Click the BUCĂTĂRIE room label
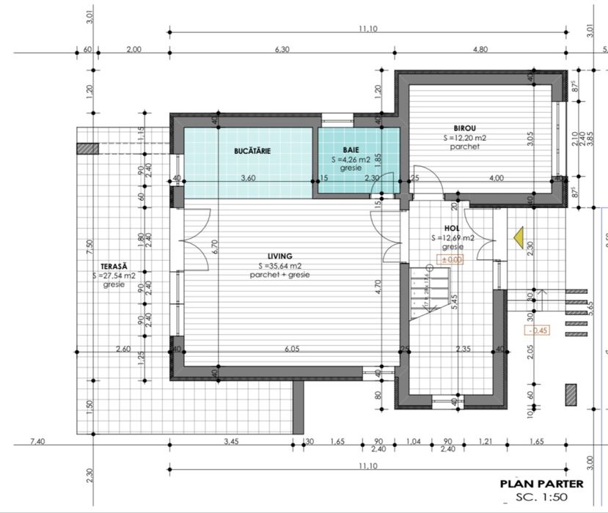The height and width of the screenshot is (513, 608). [x=252, y=151]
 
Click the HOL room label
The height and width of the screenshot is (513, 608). [x=451, y=228]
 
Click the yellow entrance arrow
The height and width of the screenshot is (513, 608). [x=518, y=237]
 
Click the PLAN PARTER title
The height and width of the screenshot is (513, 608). [x=541, y=484]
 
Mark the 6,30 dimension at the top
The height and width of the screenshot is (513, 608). [x=282, y=49]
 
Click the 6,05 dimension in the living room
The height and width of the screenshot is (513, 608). [x=292, y=349]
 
